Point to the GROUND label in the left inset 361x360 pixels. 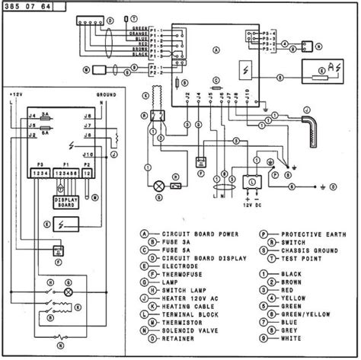(x=106, y=96)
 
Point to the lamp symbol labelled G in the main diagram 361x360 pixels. (x=160, y=185)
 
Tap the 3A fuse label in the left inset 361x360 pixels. (x=45, y=113)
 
